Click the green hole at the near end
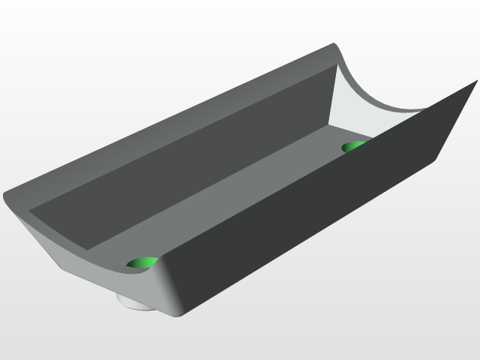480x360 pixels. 141,262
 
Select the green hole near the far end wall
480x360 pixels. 352,146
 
